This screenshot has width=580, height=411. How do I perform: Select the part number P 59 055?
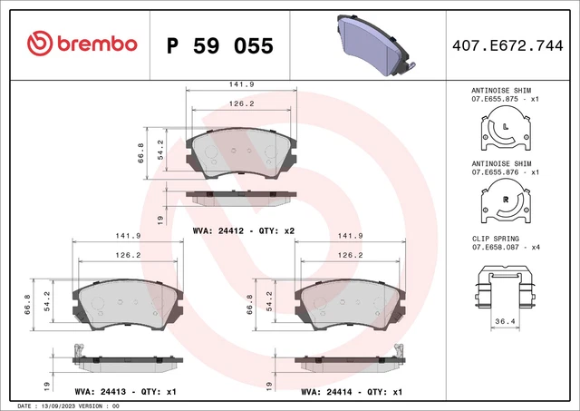(220, 43)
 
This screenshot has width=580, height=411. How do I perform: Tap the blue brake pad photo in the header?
(371, 43)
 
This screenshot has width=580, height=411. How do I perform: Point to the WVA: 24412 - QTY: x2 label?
(244, 230)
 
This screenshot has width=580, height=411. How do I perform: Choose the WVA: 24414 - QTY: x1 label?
(353, 393)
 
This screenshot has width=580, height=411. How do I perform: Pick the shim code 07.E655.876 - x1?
(505, 171)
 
